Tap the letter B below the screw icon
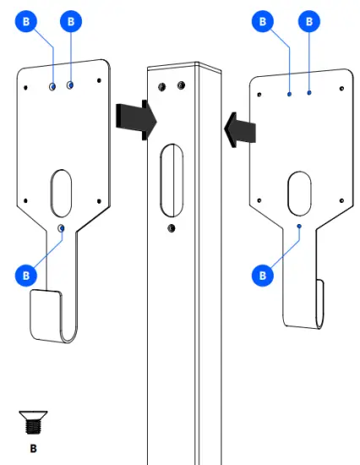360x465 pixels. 34,447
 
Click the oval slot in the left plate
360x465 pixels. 62,192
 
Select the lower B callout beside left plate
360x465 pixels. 27,275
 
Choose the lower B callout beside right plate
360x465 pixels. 264,274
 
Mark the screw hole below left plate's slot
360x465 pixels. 61,228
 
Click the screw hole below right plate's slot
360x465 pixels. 300,227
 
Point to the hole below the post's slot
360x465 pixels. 172,228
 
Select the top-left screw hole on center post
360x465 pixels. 162,85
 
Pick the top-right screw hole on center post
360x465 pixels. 181,85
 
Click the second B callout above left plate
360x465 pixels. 70,20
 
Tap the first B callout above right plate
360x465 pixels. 265,20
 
